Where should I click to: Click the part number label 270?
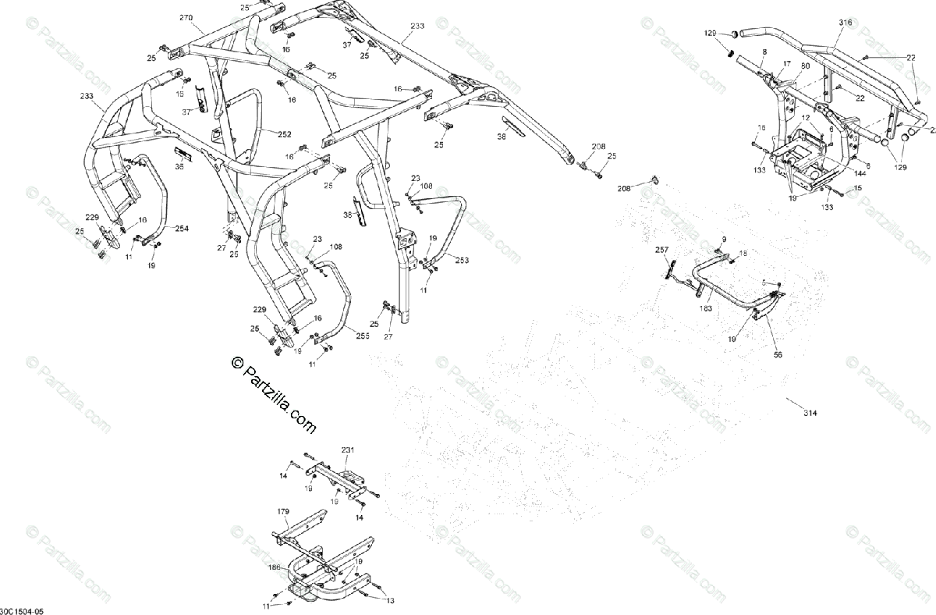185,17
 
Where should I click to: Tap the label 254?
181,229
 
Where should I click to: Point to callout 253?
462,260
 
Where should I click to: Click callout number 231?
347,450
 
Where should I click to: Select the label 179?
283,511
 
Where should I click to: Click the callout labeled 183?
707,308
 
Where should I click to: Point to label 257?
661,250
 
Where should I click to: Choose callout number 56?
778,354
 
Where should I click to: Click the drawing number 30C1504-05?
23,610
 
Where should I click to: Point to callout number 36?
179,165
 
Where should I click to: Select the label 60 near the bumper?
805,66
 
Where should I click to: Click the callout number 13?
390,600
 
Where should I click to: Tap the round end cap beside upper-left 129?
734,34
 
